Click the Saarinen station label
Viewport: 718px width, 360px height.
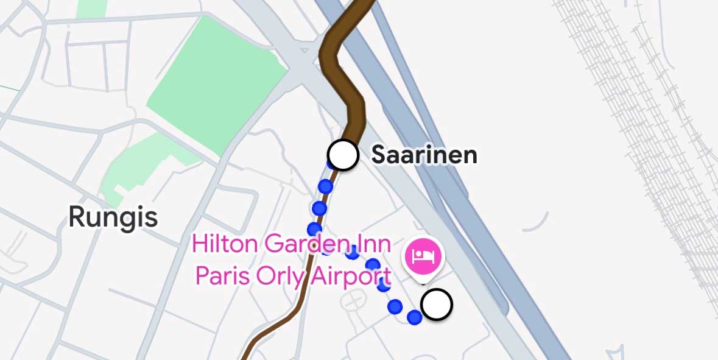[x=424, y=155]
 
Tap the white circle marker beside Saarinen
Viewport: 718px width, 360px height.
[x=343, y=155]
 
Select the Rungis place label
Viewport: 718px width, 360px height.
[x=113, y=217]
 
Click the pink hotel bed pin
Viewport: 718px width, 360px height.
[x=424, y=255]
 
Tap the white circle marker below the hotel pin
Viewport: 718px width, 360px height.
[x=437, y=305]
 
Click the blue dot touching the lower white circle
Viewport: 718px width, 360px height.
[x=415, y=317]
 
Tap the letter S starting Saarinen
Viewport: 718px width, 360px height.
[x=381, y=155]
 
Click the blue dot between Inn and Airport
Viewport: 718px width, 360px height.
[x=373, y=265]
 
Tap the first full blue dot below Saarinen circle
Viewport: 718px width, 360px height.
[x=326, y=186]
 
